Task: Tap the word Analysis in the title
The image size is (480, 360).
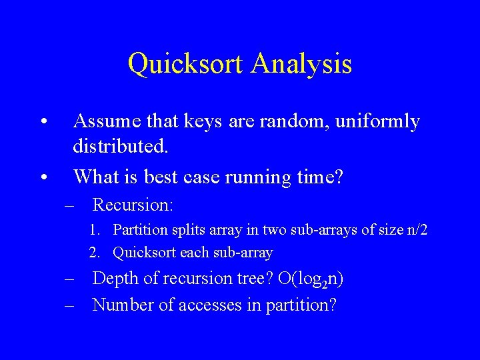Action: (x=302, y=64)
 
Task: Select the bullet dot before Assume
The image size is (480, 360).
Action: (x=43, y=123)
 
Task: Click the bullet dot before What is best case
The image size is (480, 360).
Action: (x=43, y=177)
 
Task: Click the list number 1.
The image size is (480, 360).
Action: (x=95, y=231)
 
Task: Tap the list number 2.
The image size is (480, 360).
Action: (x=95, y=253)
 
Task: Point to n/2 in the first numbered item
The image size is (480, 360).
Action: (x=417, y=231)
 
